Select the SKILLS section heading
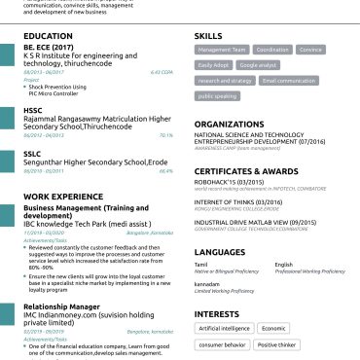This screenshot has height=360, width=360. click(x=209, y=35)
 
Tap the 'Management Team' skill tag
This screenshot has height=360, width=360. click(x=222, y=50)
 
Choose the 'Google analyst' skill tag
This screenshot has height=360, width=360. click(x=257, y=65)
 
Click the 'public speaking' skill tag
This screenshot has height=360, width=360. click(x=217, y=96)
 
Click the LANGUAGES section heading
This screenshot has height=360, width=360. click(x=219, y=252)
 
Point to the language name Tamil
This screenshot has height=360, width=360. click(x=201, y=265)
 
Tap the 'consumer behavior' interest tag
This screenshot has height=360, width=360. click(x=223, y=344)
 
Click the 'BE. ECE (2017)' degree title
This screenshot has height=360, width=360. click(x=49, y=47)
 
